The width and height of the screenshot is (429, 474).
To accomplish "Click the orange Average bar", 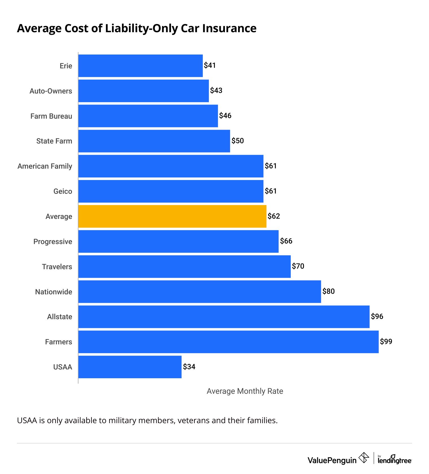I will click(172, 216).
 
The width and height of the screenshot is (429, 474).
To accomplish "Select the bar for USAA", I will click(130, 367).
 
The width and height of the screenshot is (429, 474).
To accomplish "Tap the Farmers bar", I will click(228, 342).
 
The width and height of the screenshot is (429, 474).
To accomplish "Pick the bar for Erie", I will click(140, 66).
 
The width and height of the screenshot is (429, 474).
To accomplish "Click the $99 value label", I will click(386, 342).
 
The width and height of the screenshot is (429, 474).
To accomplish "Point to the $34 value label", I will click(189, 367).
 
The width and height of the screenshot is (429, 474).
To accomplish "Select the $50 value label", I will click(237, 141).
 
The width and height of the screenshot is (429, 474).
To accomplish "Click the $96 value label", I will click(377, 316).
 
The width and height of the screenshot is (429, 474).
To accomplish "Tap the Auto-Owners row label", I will click(51, 91).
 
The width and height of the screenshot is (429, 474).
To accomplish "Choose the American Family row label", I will click(45, 166).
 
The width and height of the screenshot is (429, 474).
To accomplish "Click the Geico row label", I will click(63, 191).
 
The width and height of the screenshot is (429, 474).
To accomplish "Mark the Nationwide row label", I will click(54, 292).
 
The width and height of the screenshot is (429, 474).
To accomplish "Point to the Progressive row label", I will click(53, 242).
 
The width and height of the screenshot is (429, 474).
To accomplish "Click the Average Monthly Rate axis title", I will click(245, 391).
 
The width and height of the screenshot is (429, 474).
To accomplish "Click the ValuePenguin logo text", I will click(332, 460).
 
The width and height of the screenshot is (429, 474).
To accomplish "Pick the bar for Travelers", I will click(184, 267).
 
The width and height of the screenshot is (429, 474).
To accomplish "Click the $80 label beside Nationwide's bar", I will click(328, 291).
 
